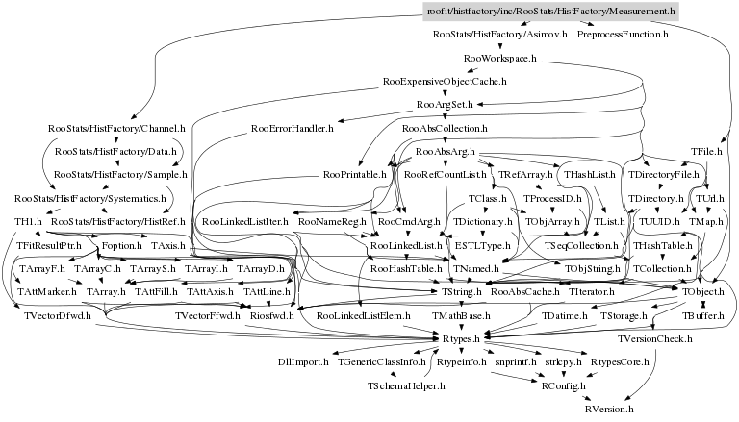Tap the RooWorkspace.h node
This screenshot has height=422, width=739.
tap(499, 58)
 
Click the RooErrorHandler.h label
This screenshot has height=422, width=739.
tap(292, 127)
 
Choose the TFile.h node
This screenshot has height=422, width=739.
tap(707, 151)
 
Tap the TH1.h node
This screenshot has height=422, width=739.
tap(25, 222)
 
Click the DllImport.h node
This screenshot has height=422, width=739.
tap(302, 362)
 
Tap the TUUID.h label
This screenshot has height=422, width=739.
tap(660, 222)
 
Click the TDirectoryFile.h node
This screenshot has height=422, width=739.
tap(664, 175)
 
